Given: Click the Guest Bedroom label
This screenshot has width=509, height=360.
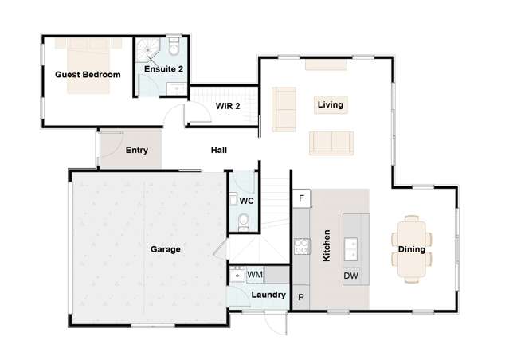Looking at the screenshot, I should pos(88,75).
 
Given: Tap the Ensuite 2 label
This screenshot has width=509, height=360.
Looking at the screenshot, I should pos(164,69).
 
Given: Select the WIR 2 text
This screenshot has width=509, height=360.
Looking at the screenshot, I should pos(227,106).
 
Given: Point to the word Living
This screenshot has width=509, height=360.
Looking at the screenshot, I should pos(330,104).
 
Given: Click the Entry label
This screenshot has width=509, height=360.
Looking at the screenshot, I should pos(137,150).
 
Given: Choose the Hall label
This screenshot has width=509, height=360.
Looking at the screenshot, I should pos(219,150).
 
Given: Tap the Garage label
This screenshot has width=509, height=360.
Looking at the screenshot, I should pos(166,249).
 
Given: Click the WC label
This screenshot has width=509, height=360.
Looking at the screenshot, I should pos(247,201).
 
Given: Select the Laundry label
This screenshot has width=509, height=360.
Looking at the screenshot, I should pos(268,295).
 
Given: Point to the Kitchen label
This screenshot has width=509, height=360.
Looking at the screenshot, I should pos(327,247).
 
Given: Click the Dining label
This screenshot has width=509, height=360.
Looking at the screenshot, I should pos(412,249).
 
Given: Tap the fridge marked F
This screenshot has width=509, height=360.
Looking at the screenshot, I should pos(301,198).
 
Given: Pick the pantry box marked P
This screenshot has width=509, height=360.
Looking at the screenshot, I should pos(301,297).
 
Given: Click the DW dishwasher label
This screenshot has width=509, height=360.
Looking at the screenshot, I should pos(350,276).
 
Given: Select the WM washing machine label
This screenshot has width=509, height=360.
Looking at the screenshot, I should pos(255,275).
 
